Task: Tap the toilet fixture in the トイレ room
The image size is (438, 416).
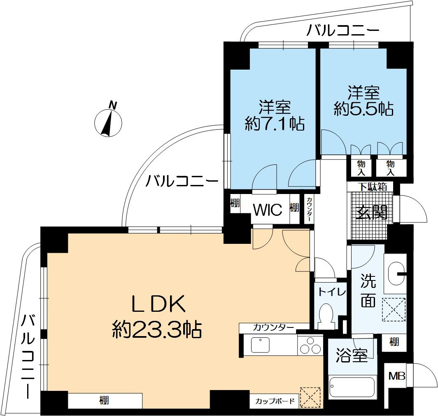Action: (327, 316)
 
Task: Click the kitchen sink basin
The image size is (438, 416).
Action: (260, 344)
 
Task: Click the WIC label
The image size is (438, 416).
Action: (267, 210)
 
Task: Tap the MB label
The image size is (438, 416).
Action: (397, 376)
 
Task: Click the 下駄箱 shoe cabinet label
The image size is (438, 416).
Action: (371, 187)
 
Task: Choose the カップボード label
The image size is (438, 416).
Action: (275, 401)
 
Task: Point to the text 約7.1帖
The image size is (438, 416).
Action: (275, 123)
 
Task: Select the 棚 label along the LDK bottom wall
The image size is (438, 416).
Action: (104, 400)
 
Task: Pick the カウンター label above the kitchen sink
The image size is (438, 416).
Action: (267, 328)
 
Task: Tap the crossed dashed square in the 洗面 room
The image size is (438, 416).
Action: (394, 309)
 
